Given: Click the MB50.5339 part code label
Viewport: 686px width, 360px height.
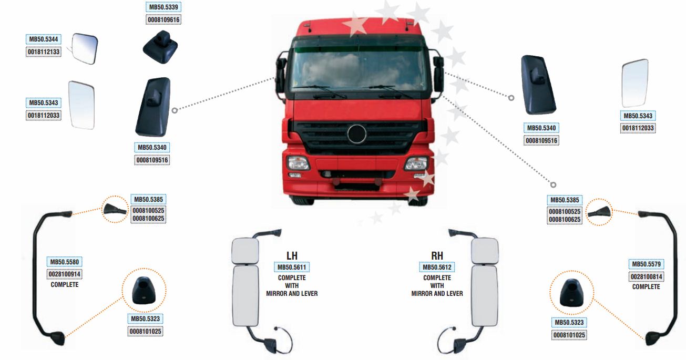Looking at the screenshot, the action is [163, 7].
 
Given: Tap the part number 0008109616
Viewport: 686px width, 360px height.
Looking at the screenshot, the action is [163, 20].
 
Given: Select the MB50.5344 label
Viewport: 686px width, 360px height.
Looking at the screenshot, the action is [44, 39].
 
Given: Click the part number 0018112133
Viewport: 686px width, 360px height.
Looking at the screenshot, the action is [44, 52].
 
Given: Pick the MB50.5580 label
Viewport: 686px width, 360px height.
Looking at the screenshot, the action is [64, 262].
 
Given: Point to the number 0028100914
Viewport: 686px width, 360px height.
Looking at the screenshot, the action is [64, 274].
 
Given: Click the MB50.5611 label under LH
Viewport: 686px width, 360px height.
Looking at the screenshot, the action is [292, 268].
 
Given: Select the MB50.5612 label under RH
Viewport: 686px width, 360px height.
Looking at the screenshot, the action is [437, 268].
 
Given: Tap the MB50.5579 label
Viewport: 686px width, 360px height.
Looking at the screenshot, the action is [646, 264].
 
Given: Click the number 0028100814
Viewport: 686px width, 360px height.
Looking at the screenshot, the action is [646, 277].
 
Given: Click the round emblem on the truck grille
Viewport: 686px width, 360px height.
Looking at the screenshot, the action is [357, 134].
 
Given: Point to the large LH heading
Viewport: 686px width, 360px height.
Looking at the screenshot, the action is [292, 255].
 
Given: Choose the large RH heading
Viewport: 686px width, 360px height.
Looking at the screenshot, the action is [437, 255].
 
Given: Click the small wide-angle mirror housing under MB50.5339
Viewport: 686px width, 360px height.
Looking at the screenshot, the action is [160, 47].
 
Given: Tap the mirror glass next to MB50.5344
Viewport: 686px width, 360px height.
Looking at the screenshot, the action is [85, 49].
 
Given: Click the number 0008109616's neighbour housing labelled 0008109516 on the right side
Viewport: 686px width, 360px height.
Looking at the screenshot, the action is [538, 85].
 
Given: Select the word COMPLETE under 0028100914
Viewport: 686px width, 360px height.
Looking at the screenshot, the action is [65, 285].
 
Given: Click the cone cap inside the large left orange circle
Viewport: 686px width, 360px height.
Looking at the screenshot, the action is [144, 290].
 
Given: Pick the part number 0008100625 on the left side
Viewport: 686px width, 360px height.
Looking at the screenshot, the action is [148, 219].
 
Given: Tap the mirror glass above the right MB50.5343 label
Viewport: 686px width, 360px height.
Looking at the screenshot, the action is [635, 83].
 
